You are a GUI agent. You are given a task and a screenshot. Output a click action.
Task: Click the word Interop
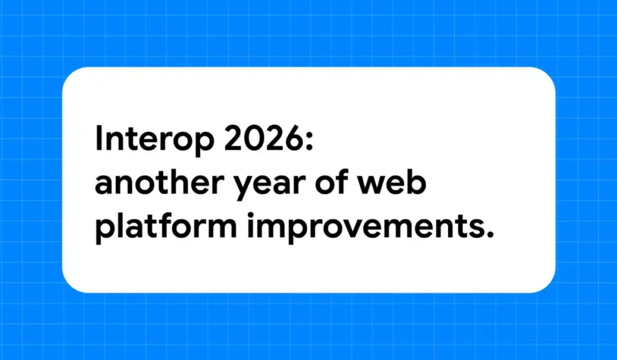point(154,139)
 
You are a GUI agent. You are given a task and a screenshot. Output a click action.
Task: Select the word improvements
point(365,227)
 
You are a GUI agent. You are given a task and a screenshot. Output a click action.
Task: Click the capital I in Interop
point(98,138)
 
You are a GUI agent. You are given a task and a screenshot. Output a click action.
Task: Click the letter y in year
point(244,187)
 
